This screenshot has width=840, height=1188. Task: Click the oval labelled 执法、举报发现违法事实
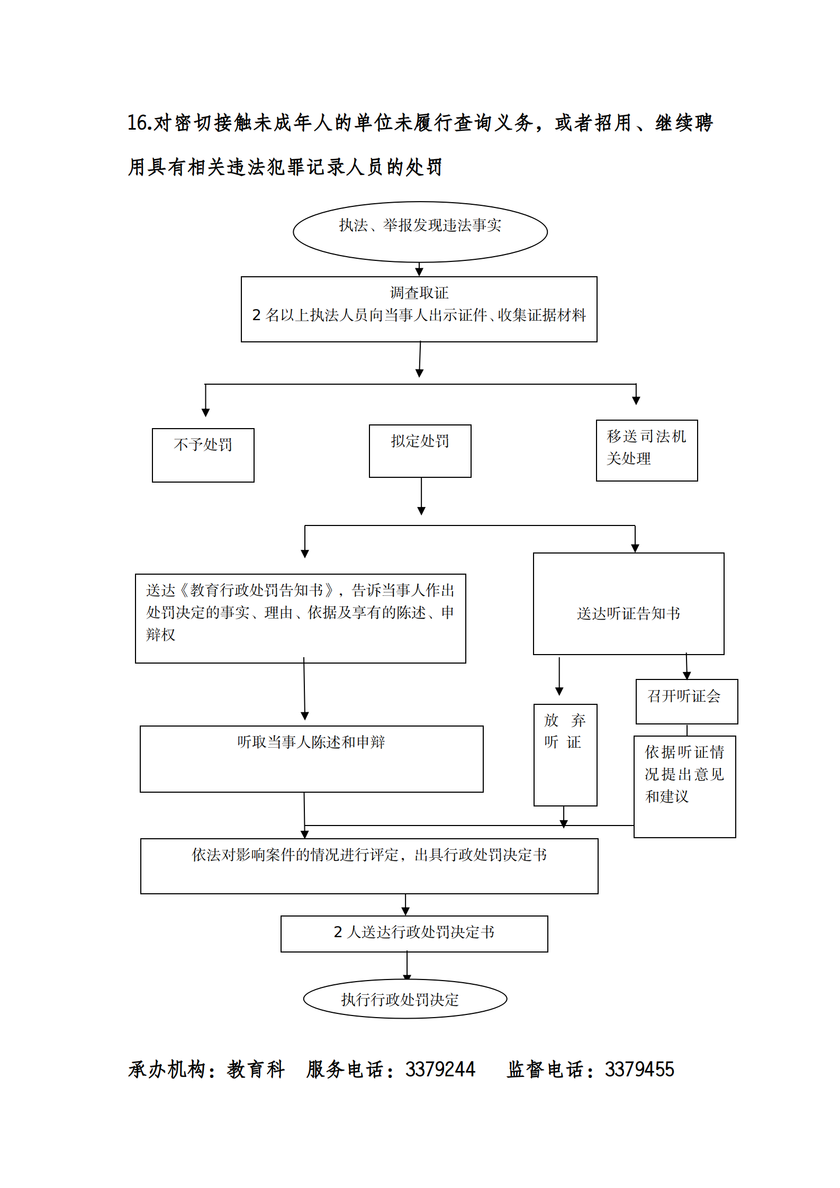tap(420, 231)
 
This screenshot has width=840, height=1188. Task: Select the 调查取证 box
tap(419, 309)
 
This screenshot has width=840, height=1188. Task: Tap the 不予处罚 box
tap(203, 455)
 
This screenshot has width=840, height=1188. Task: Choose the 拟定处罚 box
tap(420, 450)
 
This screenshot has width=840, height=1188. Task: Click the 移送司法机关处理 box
tap(646, 450)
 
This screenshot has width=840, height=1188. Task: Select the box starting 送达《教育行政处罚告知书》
tap(300, 618)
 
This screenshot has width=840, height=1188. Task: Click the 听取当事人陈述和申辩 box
tap(311, 758)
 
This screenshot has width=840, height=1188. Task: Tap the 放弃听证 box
tap(565, 754)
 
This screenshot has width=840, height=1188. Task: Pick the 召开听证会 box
tap(687, 701)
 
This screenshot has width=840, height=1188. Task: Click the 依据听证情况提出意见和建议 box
tap(684, 786)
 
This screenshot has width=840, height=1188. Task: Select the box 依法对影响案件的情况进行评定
tap(369, 866)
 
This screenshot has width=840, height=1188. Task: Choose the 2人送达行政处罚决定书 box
tap(414, 933)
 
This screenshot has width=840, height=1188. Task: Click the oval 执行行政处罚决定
tap(405, 999)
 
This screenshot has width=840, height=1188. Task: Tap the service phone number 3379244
tap(440, 1069)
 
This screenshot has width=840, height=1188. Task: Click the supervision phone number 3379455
tap(639, 1069)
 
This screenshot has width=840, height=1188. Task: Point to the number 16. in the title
tap(140, 123)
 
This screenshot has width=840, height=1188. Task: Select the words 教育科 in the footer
tap(256, 1069)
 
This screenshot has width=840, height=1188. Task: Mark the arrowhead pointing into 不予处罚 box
tap(206, 412)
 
